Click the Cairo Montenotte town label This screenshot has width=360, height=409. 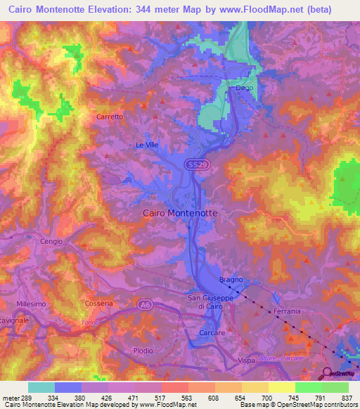[x=180, y=212]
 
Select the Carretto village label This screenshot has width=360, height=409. [x=110, y=117]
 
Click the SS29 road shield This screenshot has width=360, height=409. [x=196, y=164]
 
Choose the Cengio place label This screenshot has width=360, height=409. [x=51, y=241]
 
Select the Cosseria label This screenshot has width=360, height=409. [x=98, y=303]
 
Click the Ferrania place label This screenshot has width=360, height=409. [x=287, y=310]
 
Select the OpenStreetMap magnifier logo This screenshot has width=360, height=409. [x=328, y=373]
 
